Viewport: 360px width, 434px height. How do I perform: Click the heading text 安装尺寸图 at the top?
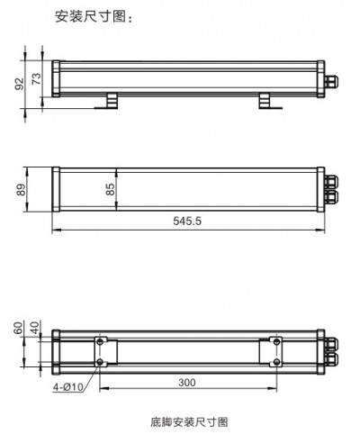coord(94,15)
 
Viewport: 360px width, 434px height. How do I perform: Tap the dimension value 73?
coord(36,77)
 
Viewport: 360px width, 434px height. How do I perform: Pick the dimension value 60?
coord(19,329)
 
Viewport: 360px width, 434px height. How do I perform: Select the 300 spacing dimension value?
coord(186,383)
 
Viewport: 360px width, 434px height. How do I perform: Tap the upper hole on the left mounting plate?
coord(99,342)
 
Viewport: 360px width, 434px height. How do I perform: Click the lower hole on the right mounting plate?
coord(274,362)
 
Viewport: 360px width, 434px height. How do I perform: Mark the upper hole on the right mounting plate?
coord(274,342)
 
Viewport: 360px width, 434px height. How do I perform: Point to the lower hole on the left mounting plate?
coord(99,362)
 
